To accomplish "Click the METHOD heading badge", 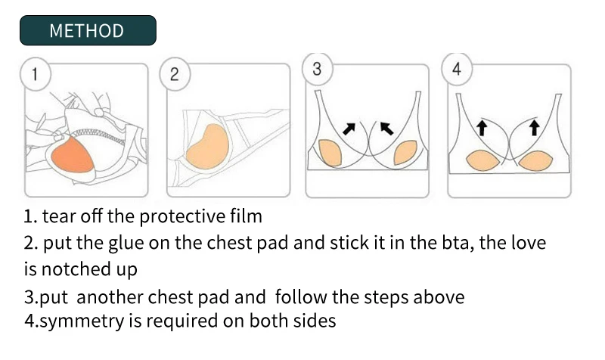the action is [88, 30].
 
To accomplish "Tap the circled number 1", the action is [35, 74].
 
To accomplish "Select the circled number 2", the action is [175, 74].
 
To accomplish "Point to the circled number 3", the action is [317, 69].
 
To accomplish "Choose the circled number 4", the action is [457, 69].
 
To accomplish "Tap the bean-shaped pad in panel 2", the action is [207, 147].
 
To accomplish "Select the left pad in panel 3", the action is [330, 153].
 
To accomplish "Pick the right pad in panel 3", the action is [405, 153].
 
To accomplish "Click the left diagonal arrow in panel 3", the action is [349, 129].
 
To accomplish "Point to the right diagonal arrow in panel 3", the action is [387, 129].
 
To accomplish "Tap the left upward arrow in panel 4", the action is [481, 128].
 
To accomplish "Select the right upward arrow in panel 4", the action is [534, 128].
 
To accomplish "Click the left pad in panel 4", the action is [483, 160].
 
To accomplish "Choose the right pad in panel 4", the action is [536, 160].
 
